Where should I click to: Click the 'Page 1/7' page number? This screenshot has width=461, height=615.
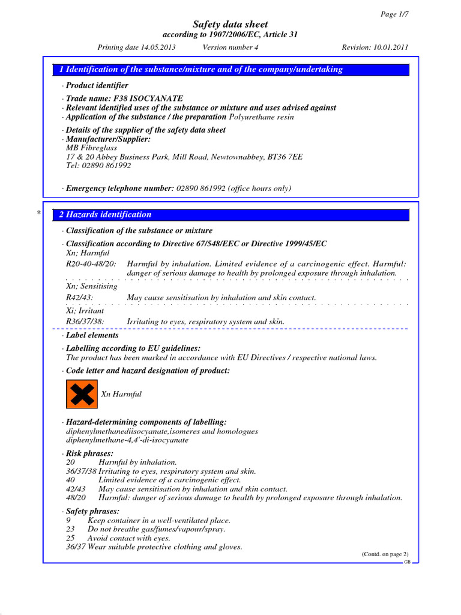pyautogui.click(x=395, y=14)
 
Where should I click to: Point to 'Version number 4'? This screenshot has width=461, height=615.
pyautogui.click(x=230, y=47)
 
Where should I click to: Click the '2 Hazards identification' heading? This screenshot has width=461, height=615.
pyautogui.click(x=105, y=214)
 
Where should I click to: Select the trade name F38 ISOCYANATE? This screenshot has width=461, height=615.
pyautogui.click(x=124, y=98)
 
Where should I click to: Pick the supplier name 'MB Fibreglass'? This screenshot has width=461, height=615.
pyautogui.click(x=91, y=148)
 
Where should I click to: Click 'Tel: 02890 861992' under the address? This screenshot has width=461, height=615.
pyautogui.click(x=98, y=166)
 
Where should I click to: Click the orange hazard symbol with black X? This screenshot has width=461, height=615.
pyautogui.click(x=80, y=395)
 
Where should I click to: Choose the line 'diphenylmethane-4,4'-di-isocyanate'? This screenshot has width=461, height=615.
pyautogui.click(x=127, y=440)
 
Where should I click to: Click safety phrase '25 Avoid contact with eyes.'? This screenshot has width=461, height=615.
pyautogui.click(x=118, y=539)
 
